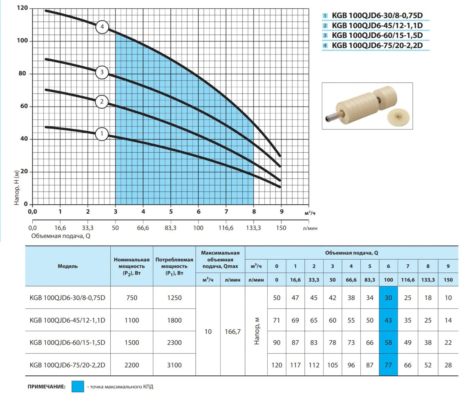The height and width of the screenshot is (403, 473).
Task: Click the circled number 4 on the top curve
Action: tap(102, 27)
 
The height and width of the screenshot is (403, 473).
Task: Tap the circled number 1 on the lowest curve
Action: tap(102, 134)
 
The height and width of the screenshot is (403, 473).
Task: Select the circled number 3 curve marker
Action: tap(102, 72)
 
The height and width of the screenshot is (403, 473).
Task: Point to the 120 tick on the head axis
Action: tap(22, 8)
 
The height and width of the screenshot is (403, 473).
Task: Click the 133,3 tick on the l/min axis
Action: tap(253, 228)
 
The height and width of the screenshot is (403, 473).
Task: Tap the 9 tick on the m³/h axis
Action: tap(281, 212)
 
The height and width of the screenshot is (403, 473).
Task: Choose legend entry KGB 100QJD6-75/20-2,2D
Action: tap(377, 45)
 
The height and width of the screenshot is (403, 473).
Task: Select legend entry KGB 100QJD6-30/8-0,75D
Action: tap(377, 15)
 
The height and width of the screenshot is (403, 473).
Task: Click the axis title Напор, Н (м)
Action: tap(17, 188)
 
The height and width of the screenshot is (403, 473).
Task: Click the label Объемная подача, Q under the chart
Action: tap(61, 236)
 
